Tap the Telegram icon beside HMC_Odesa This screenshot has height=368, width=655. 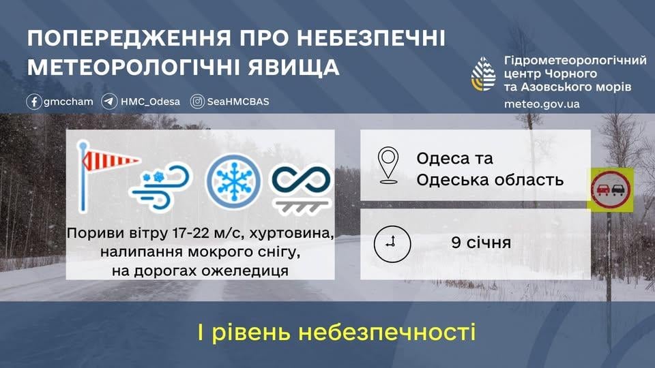[x=109, y=102]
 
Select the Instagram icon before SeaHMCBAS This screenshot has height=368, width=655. [x=197, y=102]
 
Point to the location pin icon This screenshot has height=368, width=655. [x=388, y=164]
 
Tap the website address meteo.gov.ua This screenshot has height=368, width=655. [x=541, y=104]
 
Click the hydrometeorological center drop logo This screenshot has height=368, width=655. [x=485, y=74]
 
